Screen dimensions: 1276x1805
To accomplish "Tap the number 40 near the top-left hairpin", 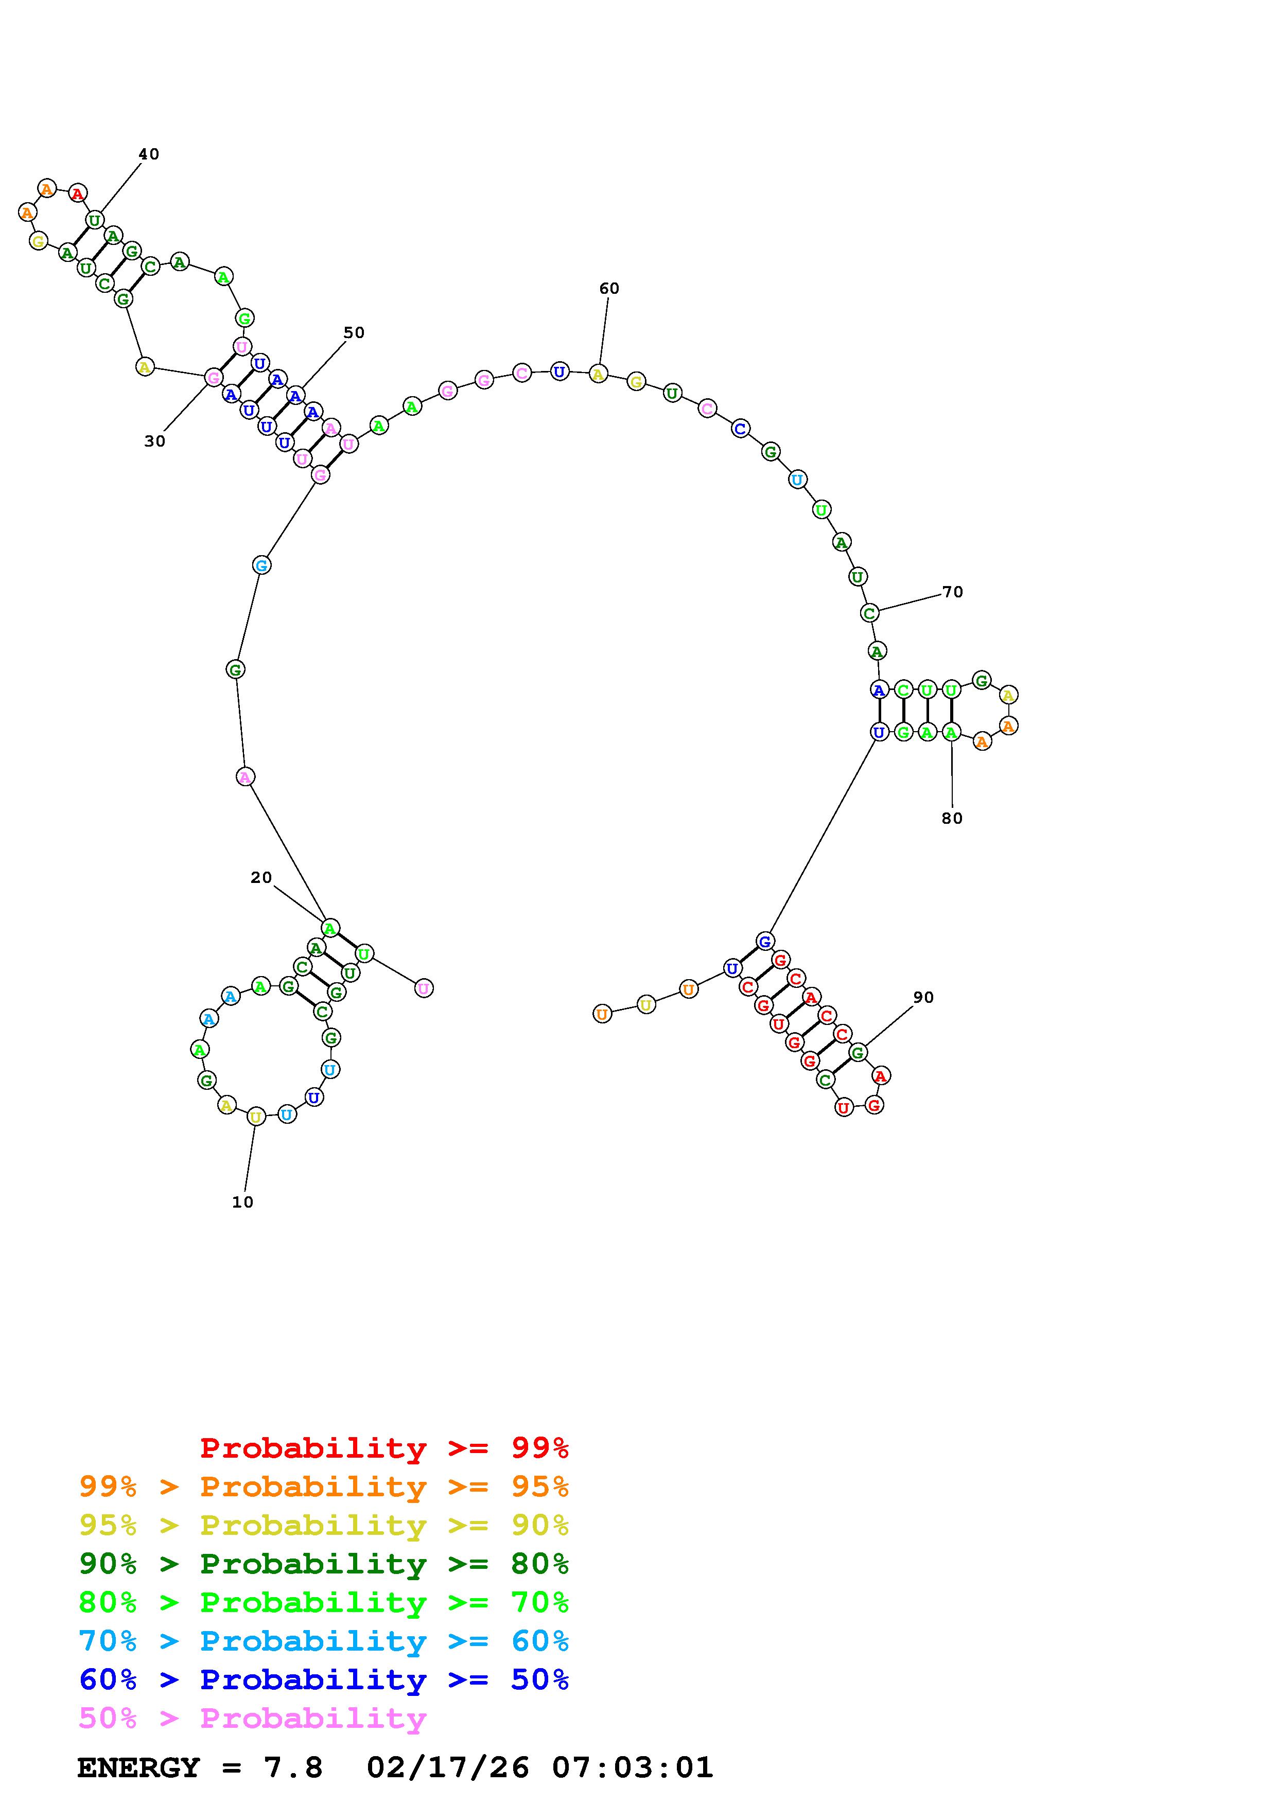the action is (x=149, y=154).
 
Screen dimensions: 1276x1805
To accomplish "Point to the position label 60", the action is (x=609, y=289).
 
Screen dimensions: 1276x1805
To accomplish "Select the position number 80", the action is (x=952, y=819).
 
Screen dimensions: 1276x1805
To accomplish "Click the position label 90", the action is (x=924, y=998).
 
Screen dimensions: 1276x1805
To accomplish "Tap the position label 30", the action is (x=155, y=442).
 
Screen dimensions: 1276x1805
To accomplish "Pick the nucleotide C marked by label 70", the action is (x=869, y=612).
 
